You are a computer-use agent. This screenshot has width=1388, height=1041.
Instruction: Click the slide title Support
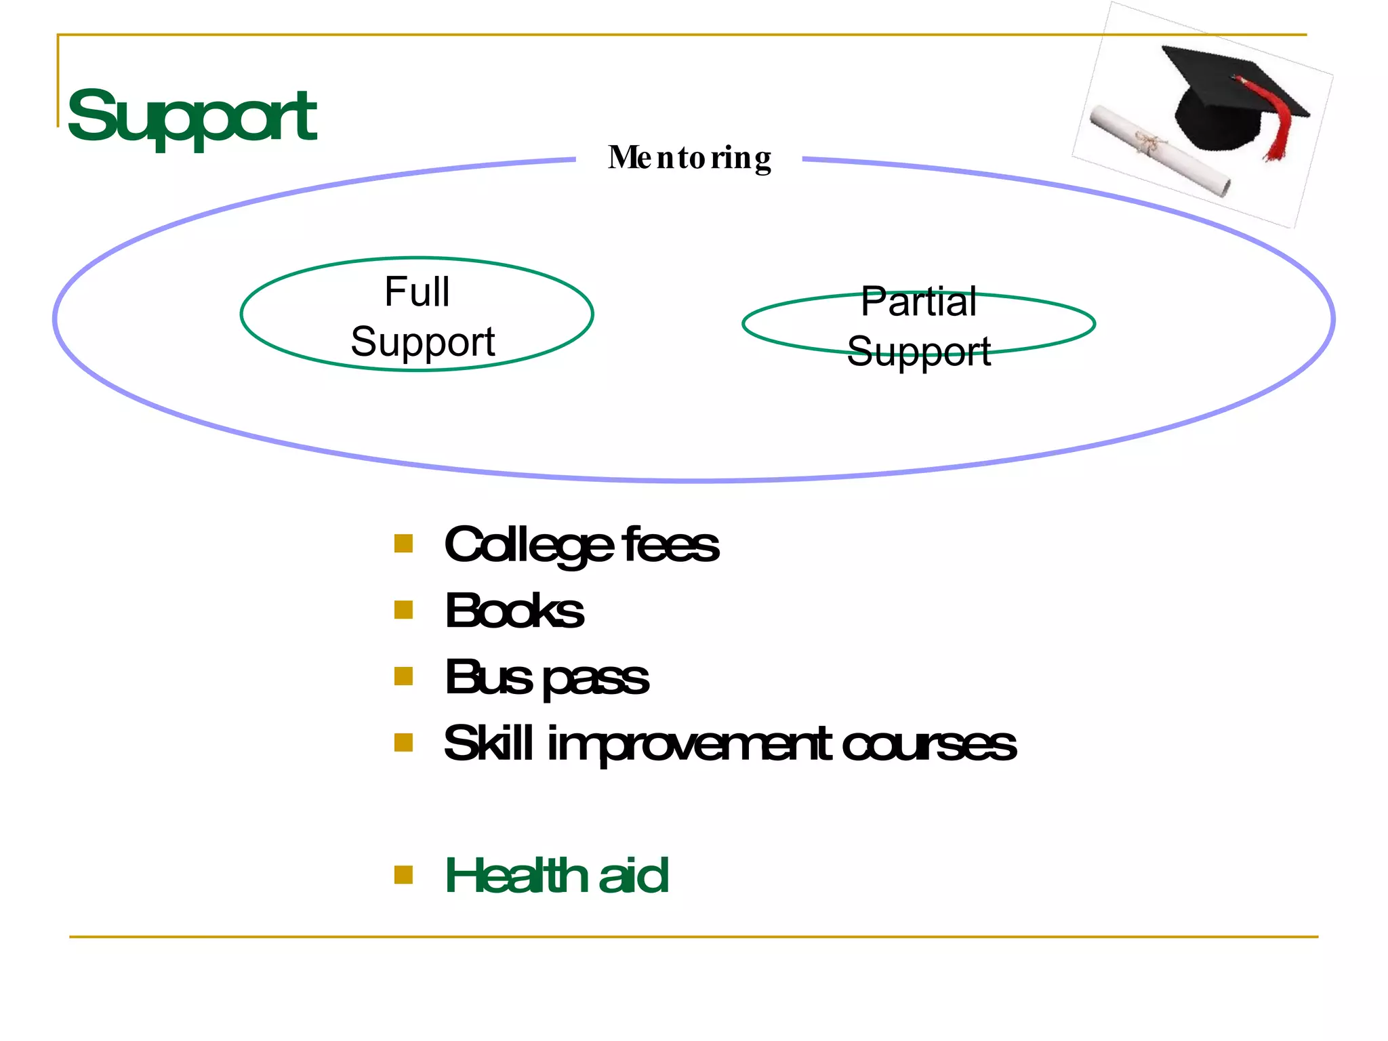pyautogui.click(x=192, y=117)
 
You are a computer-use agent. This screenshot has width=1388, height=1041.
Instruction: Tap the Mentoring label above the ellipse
pyautogui.click(x=689, y=158)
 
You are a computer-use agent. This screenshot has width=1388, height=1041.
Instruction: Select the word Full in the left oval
pyautogui.click(x=417, y=291)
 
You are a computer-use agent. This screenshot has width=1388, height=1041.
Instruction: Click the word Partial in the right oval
pyautogui.click(x=918, y=302)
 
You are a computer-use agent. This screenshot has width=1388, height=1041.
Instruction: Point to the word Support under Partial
pyautogui.click(x=918, y=351)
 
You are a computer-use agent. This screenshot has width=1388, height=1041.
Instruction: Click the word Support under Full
pyautogui.click(x=423, y=342)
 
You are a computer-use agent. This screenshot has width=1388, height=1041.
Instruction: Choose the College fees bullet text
pyautogui.click(x=581, y=545)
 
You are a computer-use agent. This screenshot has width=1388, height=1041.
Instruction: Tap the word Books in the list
pyautogui.click(x=514, y=611)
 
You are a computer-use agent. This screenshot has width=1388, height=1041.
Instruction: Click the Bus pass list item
pyautogui.click(x=546, y=677)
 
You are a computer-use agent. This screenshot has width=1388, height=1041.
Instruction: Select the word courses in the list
pyautogui.click(x=928, y=743)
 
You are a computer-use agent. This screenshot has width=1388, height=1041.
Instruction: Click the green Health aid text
pyautogui.click(x=556, y=875)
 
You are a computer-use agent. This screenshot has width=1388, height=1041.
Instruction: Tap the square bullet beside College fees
pyautogui.click(x=404, y=544)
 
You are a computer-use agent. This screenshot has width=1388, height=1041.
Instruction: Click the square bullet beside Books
pyautogui.click(x=404, y=610)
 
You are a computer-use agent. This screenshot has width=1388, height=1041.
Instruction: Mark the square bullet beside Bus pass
pyautogui.click(x=404, y=676)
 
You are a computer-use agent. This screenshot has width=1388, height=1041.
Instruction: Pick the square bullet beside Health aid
pyautogui.click(x=404, y=875)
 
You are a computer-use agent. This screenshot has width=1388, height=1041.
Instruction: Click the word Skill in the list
pyautogui.click(x=488, y=743)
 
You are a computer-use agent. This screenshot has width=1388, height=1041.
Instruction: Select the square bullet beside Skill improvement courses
pyautogui.click(x=404, y=743)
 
